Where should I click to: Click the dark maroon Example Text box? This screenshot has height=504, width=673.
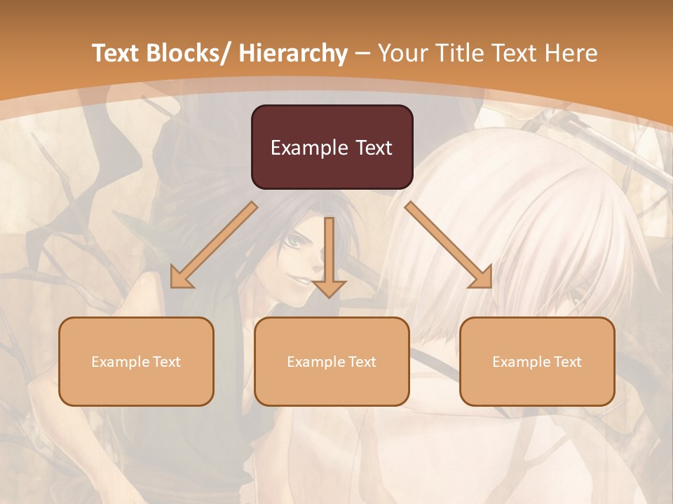(332, 147)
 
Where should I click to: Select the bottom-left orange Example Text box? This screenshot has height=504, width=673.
(136, 361)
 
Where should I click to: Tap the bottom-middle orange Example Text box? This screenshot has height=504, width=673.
(332, 361)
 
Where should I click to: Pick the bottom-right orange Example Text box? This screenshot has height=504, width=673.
(537, 361)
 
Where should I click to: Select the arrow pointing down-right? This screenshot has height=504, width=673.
(449, 245)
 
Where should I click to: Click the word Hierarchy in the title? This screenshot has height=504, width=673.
(293, 53)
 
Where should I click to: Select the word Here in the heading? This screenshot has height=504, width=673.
(570, 53)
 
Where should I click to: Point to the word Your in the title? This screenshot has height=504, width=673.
(400, 53)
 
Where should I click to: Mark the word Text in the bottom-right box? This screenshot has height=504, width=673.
(567, 362)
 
